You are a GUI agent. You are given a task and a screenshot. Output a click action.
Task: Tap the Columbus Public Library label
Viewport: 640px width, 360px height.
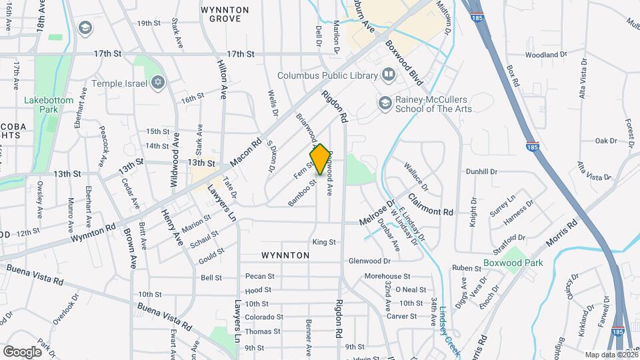click(327, 75)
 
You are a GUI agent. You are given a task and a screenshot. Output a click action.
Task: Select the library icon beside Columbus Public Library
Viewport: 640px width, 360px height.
click(388, 75)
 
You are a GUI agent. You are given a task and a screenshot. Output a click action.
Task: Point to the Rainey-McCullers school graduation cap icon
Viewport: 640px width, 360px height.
click(385, 103)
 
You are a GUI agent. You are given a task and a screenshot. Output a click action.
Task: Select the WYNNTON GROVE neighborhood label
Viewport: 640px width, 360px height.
click(225, 15)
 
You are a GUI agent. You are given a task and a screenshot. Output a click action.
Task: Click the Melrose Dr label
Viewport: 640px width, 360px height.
click(377, 214)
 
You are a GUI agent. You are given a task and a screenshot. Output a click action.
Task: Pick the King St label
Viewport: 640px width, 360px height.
click(323, 241)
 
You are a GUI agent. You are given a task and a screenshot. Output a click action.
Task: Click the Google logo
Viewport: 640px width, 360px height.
click(22, 351)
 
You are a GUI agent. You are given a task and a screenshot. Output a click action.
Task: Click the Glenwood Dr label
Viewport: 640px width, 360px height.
click(369, 261)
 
